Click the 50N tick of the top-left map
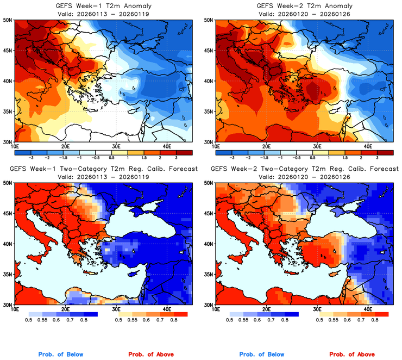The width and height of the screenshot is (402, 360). [8, 20]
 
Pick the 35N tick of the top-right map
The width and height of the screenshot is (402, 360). [209, 111]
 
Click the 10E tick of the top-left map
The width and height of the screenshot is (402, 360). [15, 146]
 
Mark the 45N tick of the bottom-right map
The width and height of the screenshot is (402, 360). [209, 213]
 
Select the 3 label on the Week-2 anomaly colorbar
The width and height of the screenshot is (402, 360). [381, 157]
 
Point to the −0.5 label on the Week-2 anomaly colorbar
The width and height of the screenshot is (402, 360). [296, 157]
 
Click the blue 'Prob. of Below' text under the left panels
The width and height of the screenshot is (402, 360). [61, 354]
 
